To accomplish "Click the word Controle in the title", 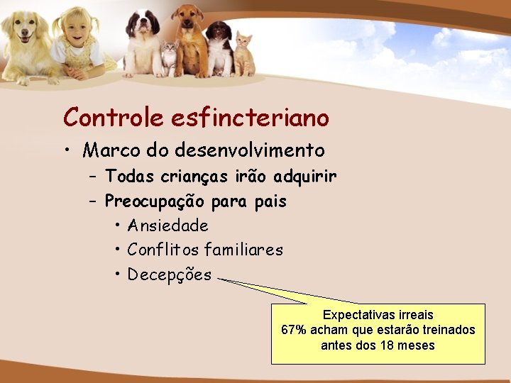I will [114, 117].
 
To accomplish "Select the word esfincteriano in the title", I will [250, 117].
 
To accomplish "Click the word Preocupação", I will [156, 201].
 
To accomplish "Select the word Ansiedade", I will [167, 226].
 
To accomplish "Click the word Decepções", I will [169, 274].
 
